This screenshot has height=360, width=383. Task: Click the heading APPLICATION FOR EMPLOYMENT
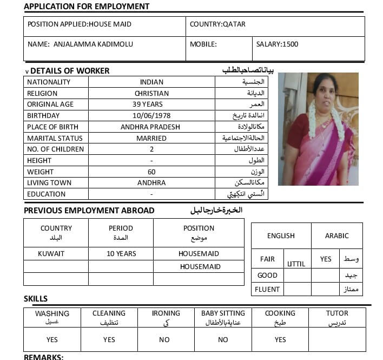[87, 6]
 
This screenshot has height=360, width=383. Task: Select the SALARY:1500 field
[277, 44]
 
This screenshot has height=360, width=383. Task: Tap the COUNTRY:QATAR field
[217, 24]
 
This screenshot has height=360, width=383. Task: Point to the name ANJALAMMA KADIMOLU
[93, 44]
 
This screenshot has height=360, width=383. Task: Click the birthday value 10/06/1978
[151, 116]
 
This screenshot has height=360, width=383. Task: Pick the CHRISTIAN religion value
[151, 93]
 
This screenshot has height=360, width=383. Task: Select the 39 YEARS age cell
[151, 104]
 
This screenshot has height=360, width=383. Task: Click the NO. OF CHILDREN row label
[55, 149]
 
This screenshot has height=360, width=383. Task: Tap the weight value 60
[151, 172]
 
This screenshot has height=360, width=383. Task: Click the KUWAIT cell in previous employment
[51, 253]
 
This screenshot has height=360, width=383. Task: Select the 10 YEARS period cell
[121, 253]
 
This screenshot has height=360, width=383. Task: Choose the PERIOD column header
[121, 228]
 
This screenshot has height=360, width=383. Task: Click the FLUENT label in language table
[267, 289]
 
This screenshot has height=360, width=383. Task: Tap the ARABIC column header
[336, 235]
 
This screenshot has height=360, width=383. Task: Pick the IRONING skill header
[166, 313]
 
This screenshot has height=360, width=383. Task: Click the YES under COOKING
[280, 339]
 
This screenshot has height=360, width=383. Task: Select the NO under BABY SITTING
[223, 339]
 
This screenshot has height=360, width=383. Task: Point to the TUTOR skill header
[337, 313]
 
